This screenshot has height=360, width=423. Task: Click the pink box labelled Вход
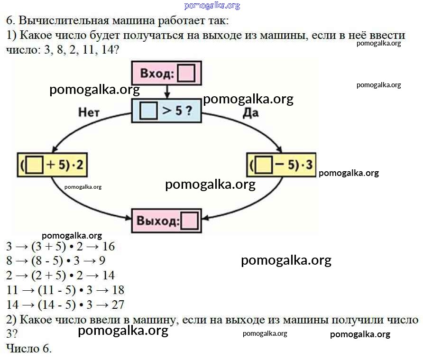coord(166,74)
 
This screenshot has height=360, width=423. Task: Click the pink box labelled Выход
coord(166,221)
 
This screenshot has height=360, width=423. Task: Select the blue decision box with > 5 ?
coord(166,111)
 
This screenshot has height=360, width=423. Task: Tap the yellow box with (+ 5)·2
coord(52,165)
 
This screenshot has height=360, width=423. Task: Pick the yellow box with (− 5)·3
coord(281,165)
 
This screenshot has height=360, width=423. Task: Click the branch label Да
coord(251,112)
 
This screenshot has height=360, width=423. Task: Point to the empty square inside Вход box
coord(186,74)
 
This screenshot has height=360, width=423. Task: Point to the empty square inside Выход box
coord(189,221)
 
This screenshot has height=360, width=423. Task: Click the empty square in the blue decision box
coord(148,111)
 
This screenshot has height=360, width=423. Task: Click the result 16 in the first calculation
coord(108,247)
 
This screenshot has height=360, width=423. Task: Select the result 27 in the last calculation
coord(117,304)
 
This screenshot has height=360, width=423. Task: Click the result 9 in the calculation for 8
coord(102,261)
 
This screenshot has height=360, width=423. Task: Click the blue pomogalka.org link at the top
coord(211,6)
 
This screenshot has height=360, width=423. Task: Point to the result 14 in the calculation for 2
coord(108,276)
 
